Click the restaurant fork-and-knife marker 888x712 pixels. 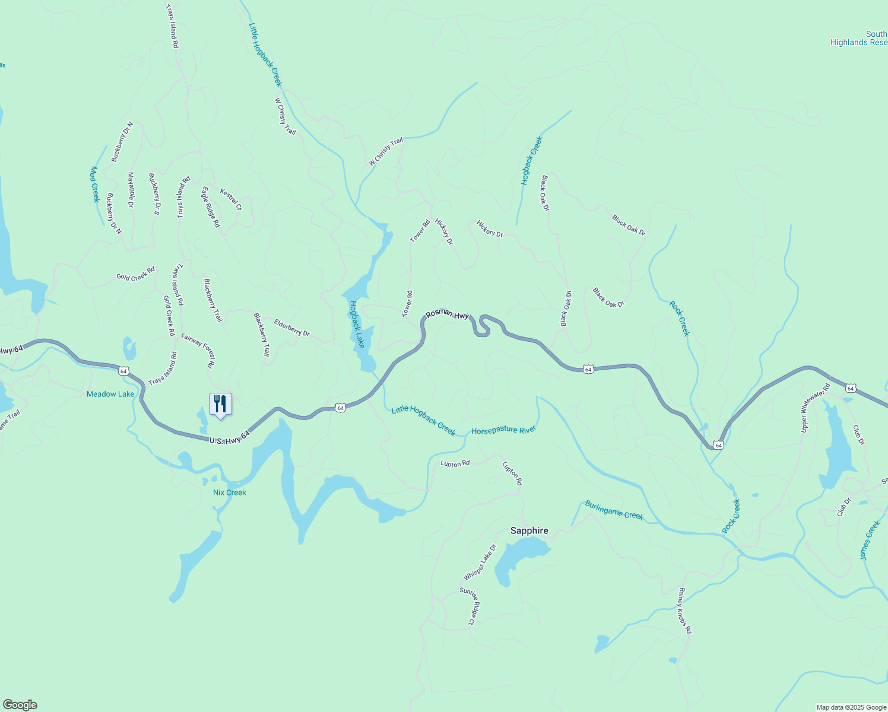[x=220, y=405]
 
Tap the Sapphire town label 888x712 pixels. [x=529, y=530]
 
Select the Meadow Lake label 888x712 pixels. [x=110, y=394]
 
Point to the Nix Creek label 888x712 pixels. [x=229, y=492]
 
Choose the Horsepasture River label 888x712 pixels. [x=503, y=430]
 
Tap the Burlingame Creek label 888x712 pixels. [x=614, y=510]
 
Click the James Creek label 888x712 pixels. [x=870, y=540]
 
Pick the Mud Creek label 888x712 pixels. [x=94, y=185]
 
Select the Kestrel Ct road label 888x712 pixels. [x=231, y=199]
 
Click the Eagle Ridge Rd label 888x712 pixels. [x=211, y=207]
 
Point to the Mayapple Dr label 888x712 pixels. [x=131, y=190]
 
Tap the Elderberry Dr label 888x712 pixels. [x=291, y=328]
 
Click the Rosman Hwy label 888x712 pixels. [x=447, y=314]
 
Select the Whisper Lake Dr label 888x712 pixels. [x=480, y=562]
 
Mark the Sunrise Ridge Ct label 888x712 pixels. [x=468, y=606]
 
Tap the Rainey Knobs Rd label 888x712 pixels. [x=685, y=611]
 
